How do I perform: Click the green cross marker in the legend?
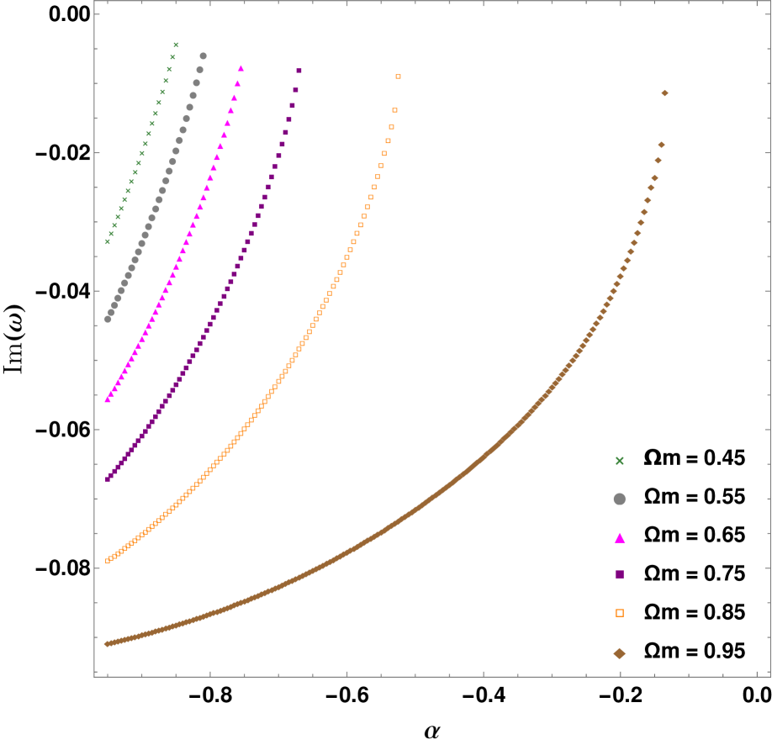pyautogui.click(x=620, y=461)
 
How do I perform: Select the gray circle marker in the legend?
pyautogui.click(x=620, y=499)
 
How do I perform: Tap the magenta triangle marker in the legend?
pyautogui.click(x=620, y=538)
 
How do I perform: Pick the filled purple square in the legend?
pyautogui.click(x=620, y=574)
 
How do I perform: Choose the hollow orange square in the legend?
pyautogui.click(x=620, y=613)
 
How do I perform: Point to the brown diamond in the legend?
pyautogui.click(x=620, y=653)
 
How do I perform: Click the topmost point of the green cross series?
pyautogui.click(x=176, y=45)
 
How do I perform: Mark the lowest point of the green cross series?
pyautogui.click(x=108, y=242)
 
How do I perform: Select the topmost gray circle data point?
pyautogui.click(x=203, y=56)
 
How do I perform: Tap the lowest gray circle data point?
pyautogui.click(x=108, y=320)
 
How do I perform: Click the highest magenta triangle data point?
pyautogui.click(x=241, y=69)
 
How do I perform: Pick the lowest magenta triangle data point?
pyautogui.click(x=108, y=399)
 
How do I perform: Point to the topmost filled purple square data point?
pyautogui.click(x=299, y=71)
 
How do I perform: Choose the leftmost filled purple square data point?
pyautogui.click(x=108, y=479)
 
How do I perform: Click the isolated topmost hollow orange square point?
pyautogui.click(x=398, y=77)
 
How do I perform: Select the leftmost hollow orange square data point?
pyautogui.click(x=108, y=561)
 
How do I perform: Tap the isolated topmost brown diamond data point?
pyautogui.click(x=664, y=93)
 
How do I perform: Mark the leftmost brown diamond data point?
pyautogui.click(x=108, y=644)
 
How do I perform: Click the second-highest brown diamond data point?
pyautogui.click(x=661, y=145)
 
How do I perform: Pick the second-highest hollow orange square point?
pyautogui.click(x=394, y=110)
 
